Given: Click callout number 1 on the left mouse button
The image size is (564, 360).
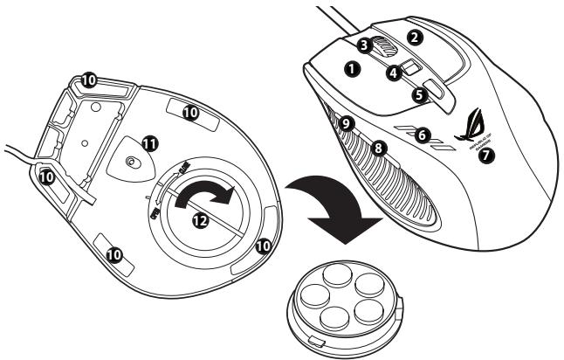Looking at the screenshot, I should [353, 66].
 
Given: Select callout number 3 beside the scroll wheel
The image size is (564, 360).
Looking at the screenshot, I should [364, 42].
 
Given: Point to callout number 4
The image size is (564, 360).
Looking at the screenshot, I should [394, 73].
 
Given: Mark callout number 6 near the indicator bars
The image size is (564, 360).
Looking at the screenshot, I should [423, 135].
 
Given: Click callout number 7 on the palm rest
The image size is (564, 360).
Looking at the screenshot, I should [486, 156].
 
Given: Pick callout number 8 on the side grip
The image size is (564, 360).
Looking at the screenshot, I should [378, 149].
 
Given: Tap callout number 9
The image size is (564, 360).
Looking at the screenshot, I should [347, 124].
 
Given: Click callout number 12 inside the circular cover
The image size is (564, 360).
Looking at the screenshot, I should [201, 222].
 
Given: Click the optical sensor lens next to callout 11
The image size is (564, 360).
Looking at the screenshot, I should [131, 163].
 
